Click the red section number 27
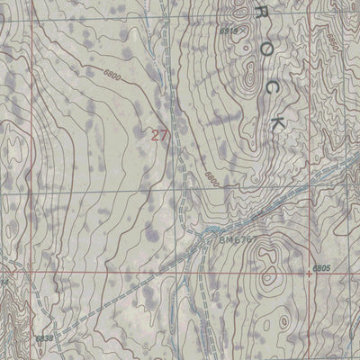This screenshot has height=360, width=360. click(x=160, y=135)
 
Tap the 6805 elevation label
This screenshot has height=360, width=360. click(x=323, y=267)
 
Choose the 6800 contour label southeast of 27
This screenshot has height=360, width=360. click(x=212, y=178)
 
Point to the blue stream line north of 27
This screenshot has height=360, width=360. click(x=166, y=54)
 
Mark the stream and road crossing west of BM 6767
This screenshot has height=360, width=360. click(x=200, y=236)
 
